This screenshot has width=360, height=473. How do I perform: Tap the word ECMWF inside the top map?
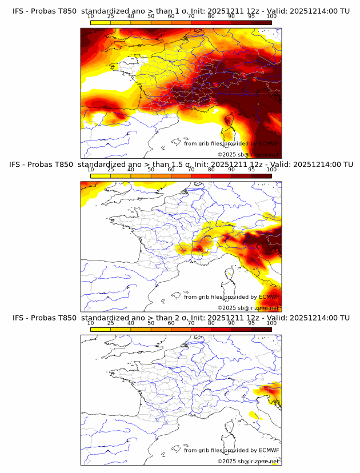(269, 143)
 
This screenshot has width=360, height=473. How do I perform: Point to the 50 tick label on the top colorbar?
(151, 17)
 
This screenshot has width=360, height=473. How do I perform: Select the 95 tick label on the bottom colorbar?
(251, 323)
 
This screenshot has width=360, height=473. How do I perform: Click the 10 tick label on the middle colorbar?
(91, 170)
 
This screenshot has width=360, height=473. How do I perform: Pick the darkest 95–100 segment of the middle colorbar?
(261, 176)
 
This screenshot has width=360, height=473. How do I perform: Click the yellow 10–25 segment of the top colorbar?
(101, 23)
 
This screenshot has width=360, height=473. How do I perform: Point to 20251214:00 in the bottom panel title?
(314, 318)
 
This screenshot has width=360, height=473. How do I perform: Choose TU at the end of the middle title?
(345, 165)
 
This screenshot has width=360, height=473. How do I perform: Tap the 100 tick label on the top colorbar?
(271, 17)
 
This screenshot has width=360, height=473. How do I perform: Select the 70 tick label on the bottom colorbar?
(191, 323)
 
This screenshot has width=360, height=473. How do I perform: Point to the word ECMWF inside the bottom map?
(269, 450)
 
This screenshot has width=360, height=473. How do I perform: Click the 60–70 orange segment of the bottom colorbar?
(181, 329)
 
